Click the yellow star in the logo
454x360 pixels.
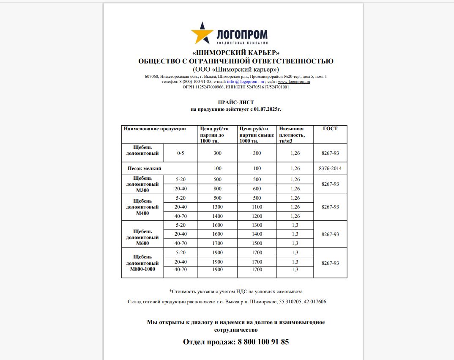pos(202,33)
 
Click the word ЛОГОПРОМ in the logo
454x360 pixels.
pos(242,34)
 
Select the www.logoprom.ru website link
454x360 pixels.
pos(294,81)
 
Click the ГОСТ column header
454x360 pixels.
pos(330,129)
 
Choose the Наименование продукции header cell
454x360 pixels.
pos(155,129)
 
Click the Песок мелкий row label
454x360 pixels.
pos(145,168)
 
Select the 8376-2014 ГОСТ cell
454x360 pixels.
pos(330,168)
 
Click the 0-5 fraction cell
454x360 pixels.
pos(181,153)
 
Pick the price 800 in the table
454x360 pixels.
pos(217,189)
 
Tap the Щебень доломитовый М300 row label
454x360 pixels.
pos(142,184)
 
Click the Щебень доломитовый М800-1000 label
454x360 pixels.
pos(142,263)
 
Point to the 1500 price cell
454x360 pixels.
pos(257,243)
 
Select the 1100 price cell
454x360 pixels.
pos(257,207)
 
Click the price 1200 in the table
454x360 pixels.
pos(257,216)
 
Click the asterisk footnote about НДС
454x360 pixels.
pos(235,291)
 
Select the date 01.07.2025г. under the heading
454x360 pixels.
pos(267,109)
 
